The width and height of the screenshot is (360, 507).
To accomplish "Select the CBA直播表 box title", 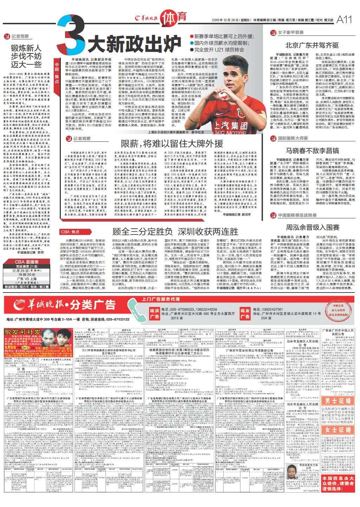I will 27,262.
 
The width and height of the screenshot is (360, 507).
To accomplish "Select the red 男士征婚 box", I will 338,401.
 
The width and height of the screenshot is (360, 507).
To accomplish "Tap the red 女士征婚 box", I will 338,430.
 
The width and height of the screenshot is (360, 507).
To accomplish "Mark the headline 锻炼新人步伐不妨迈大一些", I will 26,56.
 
